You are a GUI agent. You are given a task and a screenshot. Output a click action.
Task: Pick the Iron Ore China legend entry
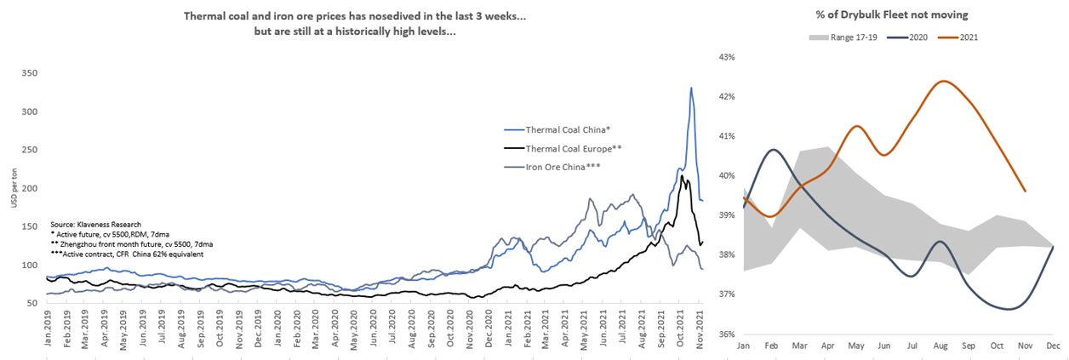coord(553,166)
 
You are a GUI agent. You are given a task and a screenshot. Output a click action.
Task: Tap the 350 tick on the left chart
coord(31,74)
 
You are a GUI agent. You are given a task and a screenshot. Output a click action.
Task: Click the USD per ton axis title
coord(11,187)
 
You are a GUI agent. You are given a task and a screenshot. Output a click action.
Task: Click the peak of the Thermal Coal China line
coord(691,88)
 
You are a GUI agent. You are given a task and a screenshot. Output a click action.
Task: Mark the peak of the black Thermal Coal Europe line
coord(683,176)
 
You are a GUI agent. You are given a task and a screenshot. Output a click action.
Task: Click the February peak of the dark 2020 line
coord(772,150)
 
